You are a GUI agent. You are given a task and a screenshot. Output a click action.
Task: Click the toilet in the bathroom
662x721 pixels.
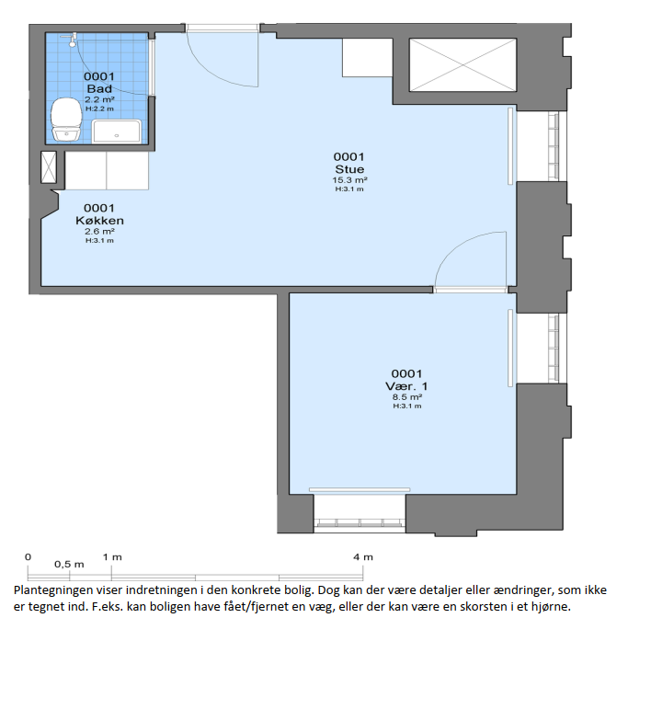(x=66, y=119)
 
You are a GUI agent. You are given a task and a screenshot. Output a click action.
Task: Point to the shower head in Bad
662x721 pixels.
(x=72, y=40)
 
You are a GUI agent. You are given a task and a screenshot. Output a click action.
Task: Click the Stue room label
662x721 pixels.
(x=349, y=169)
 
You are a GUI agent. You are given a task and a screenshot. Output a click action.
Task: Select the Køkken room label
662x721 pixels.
(x=99, y=221)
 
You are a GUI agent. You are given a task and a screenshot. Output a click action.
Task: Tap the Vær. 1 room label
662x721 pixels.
(x=406, y=386)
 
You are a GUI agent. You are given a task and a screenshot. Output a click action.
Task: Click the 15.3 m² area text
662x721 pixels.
(x=349, y=180)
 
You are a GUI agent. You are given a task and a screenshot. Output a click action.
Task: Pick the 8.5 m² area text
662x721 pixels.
(x=406, y=397)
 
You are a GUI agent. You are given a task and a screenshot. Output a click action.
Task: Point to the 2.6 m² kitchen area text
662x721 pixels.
(x=99, y=232)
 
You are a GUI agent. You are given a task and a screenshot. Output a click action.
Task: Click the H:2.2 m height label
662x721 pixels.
(x=99, y=109)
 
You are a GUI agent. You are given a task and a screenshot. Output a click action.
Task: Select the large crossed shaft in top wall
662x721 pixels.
(x=462, y=64)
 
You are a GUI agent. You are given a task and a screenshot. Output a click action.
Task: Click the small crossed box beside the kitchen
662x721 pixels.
(x=48, y=167)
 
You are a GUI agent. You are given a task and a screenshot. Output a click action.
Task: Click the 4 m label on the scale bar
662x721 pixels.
(x=362, y=557)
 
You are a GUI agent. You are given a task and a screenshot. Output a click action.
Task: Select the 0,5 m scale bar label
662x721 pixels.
(x=69, y=565)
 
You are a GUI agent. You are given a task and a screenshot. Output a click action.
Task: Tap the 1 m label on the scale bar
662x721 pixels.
(x=112, y=557)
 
